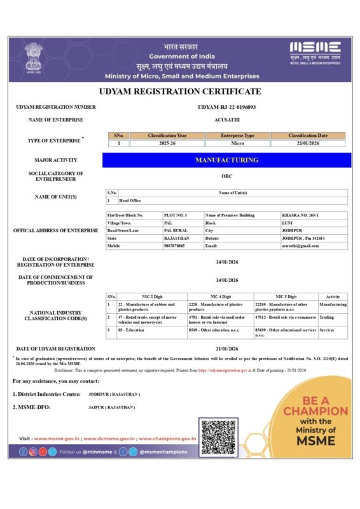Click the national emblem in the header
click(x=33, y=58)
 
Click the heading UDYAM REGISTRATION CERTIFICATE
click(x=180, y=92)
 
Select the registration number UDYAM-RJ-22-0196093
click(x=227, y=107)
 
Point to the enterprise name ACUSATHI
click(x=227, y=120)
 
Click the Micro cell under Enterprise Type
click(x=237, y=144)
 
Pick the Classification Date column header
click(x=308, y=136)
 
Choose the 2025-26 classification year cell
click(x=172, y=144)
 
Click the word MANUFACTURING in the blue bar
click(x=226, y=160)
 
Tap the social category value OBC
click(x=227, y=175)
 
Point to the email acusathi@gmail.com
click(x=300, y=246)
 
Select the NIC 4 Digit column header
click(x=221, y=296)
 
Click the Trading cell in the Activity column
click(x=326, y=316)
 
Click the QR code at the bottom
click(x=217, y=435)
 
